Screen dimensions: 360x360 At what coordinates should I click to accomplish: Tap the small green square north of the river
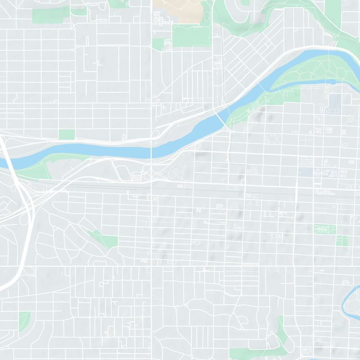(67, 134)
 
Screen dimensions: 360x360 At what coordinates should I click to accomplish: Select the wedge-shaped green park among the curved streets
(104, 238)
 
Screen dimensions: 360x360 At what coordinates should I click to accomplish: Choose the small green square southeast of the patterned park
(342, 241)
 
